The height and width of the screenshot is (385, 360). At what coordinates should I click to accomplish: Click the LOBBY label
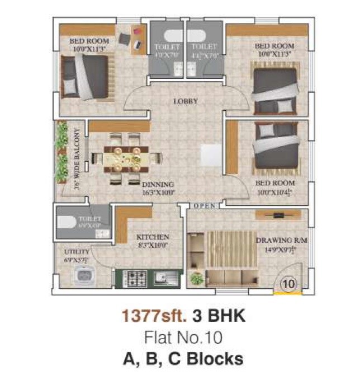coord(186,101)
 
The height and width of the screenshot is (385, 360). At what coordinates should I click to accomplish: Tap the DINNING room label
coord(158,185)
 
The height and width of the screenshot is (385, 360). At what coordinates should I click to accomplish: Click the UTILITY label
coord(75,252)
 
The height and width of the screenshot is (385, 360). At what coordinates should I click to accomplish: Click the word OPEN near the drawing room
coord(205,206)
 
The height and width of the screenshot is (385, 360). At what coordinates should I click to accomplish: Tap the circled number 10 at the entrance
coord(288,284)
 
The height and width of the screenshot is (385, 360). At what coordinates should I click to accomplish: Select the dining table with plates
coord(125,159)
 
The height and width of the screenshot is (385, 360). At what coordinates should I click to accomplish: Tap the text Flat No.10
coord(183,337)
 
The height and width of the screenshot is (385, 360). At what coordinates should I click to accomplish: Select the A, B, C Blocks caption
coord(183,359)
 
